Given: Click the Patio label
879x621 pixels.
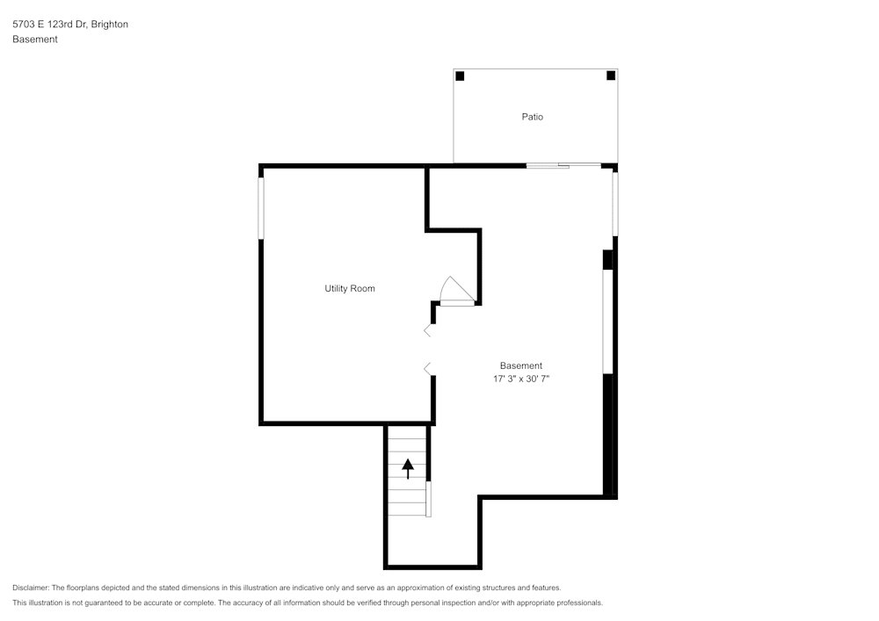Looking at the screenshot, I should click(532, 117).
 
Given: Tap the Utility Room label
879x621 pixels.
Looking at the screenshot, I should click(350, 289).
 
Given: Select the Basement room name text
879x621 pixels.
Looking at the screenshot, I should click(521, 366).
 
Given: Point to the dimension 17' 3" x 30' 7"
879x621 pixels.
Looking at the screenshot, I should click(521, 379).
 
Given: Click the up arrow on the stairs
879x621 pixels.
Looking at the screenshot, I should click(407, 468).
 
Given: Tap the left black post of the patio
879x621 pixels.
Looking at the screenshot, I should click(460, 76).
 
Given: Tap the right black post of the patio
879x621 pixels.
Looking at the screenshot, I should click(611, 76).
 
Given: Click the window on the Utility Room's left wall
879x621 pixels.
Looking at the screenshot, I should click(261, 208).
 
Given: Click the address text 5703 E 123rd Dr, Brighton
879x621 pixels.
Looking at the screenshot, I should click(70, 25).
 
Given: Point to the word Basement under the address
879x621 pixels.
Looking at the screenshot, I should click(35, 40).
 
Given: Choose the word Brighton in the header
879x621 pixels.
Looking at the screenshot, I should click(109, 25).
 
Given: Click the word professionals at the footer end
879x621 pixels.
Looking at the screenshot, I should click(578, 603).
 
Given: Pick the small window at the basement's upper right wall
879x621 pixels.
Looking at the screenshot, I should click(615, 204).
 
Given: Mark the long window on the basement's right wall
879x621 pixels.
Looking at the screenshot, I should click(607, 321).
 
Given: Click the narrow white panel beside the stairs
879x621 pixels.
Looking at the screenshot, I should click(428, 498).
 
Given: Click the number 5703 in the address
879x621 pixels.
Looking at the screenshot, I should click(24, 25).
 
